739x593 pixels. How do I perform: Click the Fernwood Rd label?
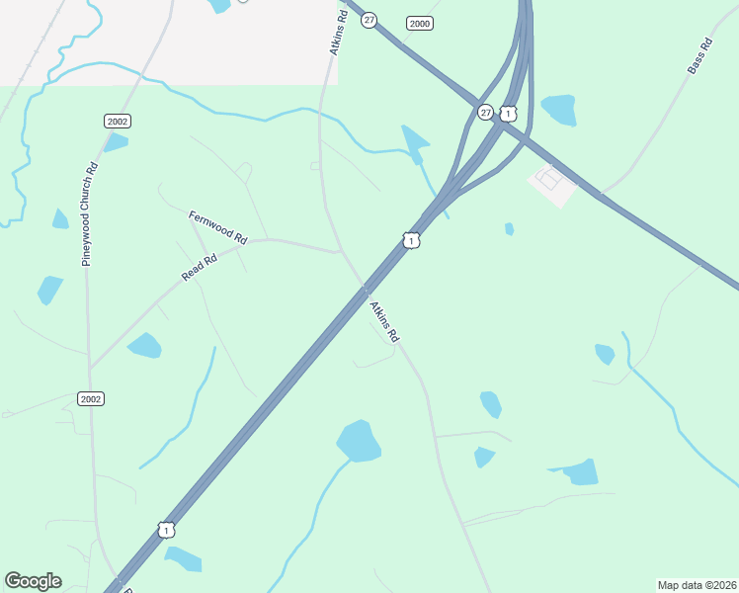pos(218,226)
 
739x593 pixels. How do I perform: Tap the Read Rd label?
pos(199,266)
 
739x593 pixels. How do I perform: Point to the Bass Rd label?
pos(699,56)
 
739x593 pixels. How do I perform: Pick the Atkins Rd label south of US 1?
pos(384,321)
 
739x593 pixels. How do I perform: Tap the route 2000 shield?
pos(420,23)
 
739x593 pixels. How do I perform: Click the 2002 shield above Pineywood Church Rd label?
pos(118,121)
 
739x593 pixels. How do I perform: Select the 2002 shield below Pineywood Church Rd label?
pos(91,398)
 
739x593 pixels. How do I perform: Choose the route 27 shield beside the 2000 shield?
pos(369,20)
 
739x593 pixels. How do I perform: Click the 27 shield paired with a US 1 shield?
pos(485,113)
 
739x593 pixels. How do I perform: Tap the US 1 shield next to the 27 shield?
pos(507,113)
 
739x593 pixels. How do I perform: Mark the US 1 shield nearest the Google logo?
pos(166,531)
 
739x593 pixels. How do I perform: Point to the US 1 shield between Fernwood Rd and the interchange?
pos(411,240)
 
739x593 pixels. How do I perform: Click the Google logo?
pos(33,581)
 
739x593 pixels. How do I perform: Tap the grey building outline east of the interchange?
pos(552,182)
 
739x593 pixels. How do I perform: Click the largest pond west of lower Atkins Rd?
pos(359,441)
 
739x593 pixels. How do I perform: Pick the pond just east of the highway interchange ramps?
pos(558,110)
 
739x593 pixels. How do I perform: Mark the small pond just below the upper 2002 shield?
pos(117,142)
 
